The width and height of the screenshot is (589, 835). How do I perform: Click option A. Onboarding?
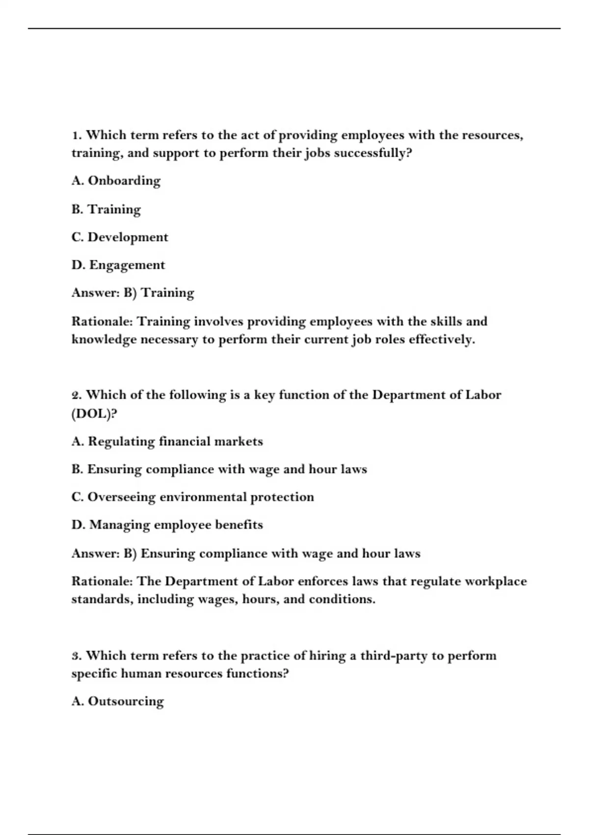(116, 181)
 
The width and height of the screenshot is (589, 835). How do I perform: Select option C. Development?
(120, 237)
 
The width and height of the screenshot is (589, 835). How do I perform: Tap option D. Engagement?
(118, 265)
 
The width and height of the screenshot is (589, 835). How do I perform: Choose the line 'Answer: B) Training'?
(133, 293)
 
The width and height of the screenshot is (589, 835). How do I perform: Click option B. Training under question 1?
(106, 209)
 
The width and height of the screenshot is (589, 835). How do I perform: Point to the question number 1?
(76, 135)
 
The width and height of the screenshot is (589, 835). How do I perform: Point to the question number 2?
(76, 395)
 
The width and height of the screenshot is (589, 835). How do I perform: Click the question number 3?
(76, 656)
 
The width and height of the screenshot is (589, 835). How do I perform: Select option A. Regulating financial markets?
(167, 442)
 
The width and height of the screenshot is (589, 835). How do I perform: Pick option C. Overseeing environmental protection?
(192, 497)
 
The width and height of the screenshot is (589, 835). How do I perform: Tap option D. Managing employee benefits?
(167, 525)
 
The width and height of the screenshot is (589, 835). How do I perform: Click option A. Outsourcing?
(117, 701)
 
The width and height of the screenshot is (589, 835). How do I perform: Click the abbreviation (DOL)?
(94, 414)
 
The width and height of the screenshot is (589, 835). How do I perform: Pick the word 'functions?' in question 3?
(257, 673)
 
